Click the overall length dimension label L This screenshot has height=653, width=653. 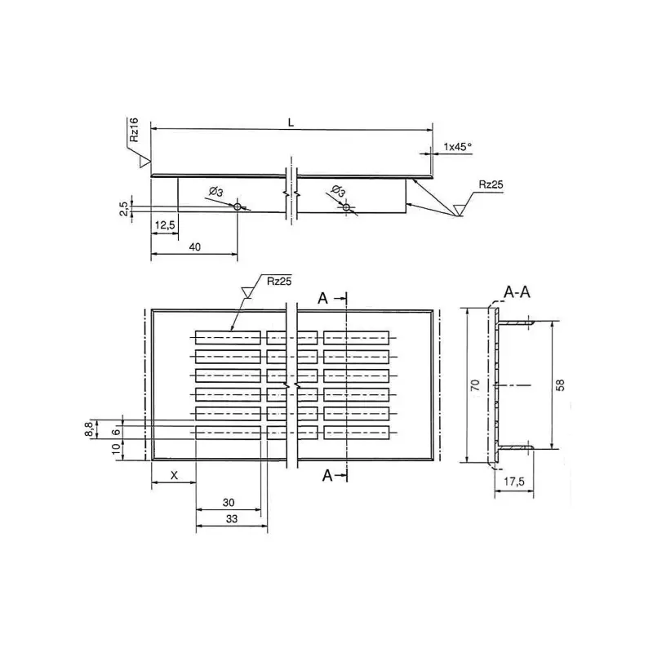point(291,122)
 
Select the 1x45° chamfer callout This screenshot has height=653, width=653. point(457,147)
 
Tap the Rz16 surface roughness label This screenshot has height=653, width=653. point(133,131)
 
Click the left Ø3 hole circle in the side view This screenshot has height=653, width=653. point(238,207)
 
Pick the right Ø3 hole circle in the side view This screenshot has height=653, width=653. point(347,207)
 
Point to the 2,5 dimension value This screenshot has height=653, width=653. point(123,209)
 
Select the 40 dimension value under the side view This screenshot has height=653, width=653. point(193,246)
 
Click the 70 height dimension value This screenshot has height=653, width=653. point(475,385)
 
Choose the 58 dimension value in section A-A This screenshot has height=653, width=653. point(560,384)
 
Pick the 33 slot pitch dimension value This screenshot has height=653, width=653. point(231,518)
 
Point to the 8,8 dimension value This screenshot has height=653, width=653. point(89,430)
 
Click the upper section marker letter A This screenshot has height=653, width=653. point(323,300)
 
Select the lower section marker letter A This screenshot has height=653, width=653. point(326,475)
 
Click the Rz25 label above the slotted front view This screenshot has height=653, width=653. point(279,282)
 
